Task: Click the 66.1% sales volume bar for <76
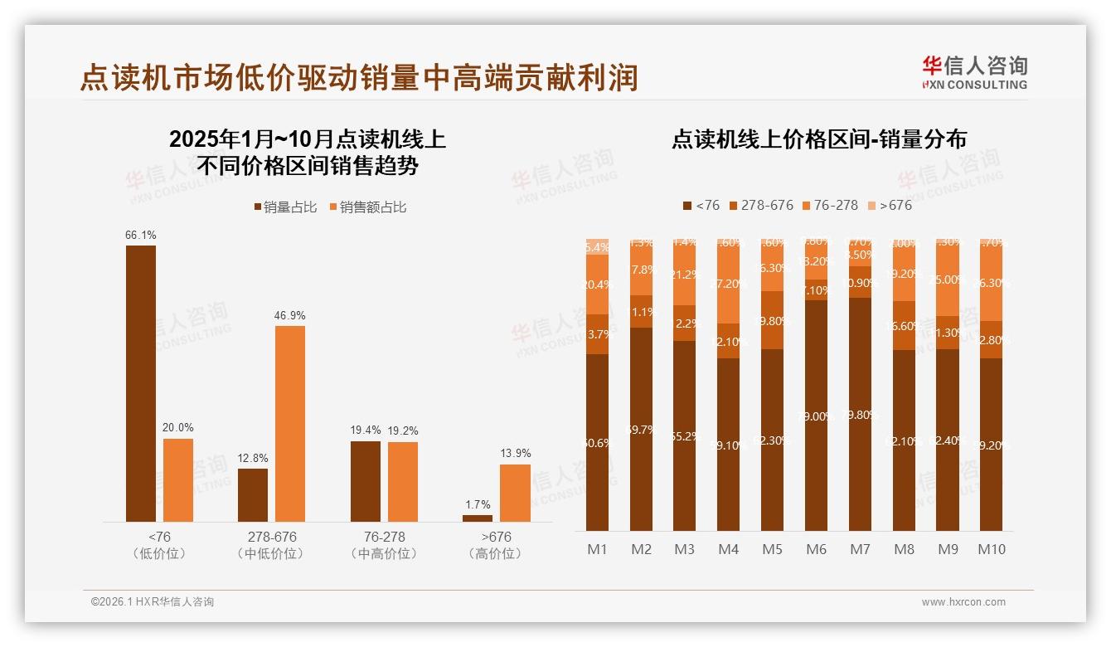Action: tap(140, 383)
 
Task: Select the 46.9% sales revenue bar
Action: tap(290, 423)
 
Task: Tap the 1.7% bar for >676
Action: tap(478, 518)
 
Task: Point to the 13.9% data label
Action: tap(516, 453)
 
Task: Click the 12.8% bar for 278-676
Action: tap(253, 494)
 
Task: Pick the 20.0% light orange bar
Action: tap(178, 479)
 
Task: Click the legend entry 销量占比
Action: tap(285, 207)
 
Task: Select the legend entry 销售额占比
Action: tap(368, 207)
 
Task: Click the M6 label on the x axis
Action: tap(816, 549)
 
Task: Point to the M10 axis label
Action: tap(991, 549)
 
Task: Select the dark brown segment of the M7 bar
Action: tap(860, 415)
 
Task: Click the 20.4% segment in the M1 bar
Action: tap(597, 285)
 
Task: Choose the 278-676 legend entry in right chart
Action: tap(760, 205)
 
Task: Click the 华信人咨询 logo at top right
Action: tap(974, 72)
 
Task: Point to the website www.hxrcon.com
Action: tap(963, 602)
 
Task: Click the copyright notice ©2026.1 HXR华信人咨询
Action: tap(153, 602)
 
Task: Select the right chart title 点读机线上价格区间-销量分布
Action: tap(818, 139)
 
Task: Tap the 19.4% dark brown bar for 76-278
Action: tap(365, 481)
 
